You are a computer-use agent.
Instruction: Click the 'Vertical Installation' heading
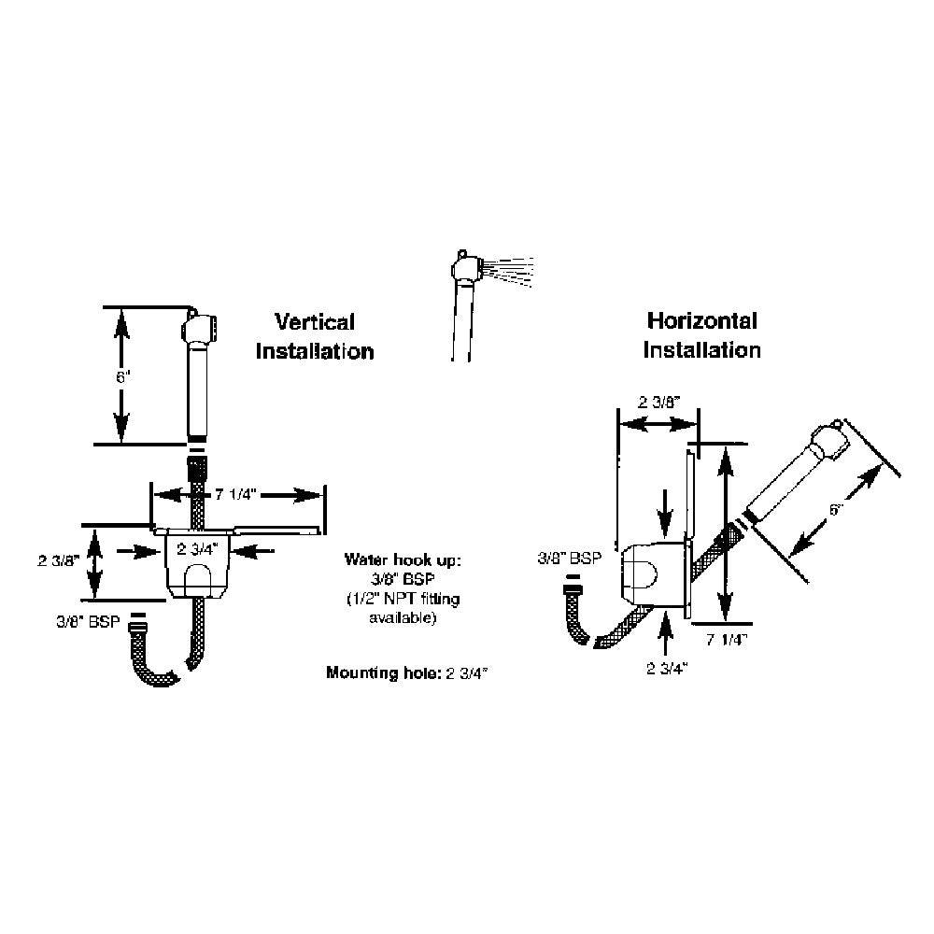pos(314,337)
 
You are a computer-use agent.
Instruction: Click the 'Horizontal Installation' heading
pos(702,335)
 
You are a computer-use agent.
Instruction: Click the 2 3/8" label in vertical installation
pos(57,560)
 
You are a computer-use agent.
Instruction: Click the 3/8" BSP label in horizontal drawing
pos(569,559)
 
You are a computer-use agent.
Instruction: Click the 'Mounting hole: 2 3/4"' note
pos(409,672)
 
